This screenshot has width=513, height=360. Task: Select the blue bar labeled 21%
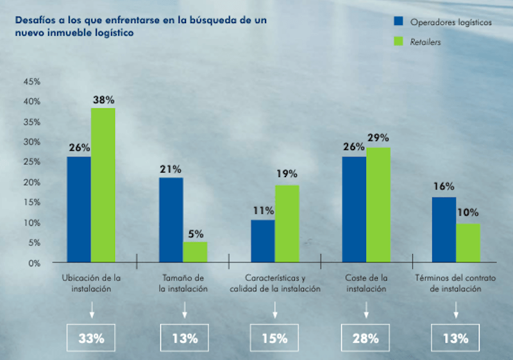(x=171, y=220)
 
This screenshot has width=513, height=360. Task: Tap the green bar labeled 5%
(x=195, y=252)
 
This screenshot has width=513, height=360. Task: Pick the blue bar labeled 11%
(x=263, y=241)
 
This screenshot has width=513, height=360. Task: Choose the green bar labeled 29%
(x=378, y=205)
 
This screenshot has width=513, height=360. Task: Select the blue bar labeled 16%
(x=444, y=230)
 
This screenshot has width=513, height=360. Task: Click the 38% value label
(x=103, y=99)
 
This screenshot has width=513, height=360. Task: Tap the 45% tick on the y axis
(x=31, y=81)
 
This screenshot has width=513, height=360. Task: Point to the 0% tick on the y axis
(x=34, y=262)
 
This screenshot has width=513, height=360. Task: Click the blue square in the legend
(x=398, y=22)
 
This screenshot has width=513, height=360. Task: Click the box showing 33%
(x=91, y=338)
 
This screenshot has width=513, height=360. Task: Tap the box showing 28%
(x=366, y=338)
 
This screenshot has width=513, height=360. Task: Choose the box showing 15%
(x=274, y=338)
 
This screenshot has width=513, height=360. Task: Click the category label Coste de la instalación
(x=366, y=284)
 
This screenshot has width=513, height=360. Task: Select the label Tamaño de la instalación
(x=183, y=284)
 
